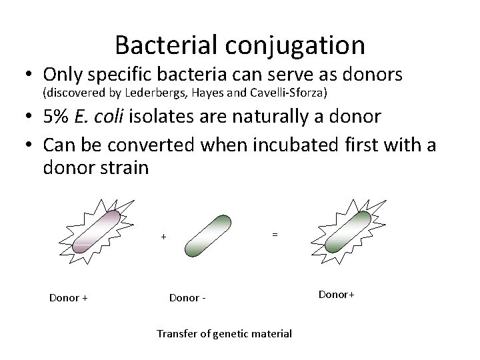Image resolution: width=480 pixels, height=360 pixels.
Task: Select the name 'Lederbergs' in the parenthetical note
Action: (151, 91)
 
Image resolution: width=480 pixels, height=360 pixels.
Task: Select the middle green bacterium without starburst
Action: (207, 236)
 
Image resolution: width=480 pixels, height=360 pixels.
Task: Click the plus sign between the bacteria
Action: (163, 237)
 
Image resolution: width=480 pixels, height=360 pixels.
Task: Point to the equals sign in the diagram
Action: (274, 234)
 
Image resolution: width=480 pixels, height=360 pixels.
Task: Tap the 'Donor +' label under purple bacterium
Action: (69, 298)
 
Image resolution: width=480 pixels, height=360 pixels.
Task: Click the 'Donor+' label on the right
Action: (337, 294)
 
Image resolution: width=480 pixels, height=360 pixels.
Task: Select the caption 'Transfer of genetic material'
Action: (224, 333)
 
